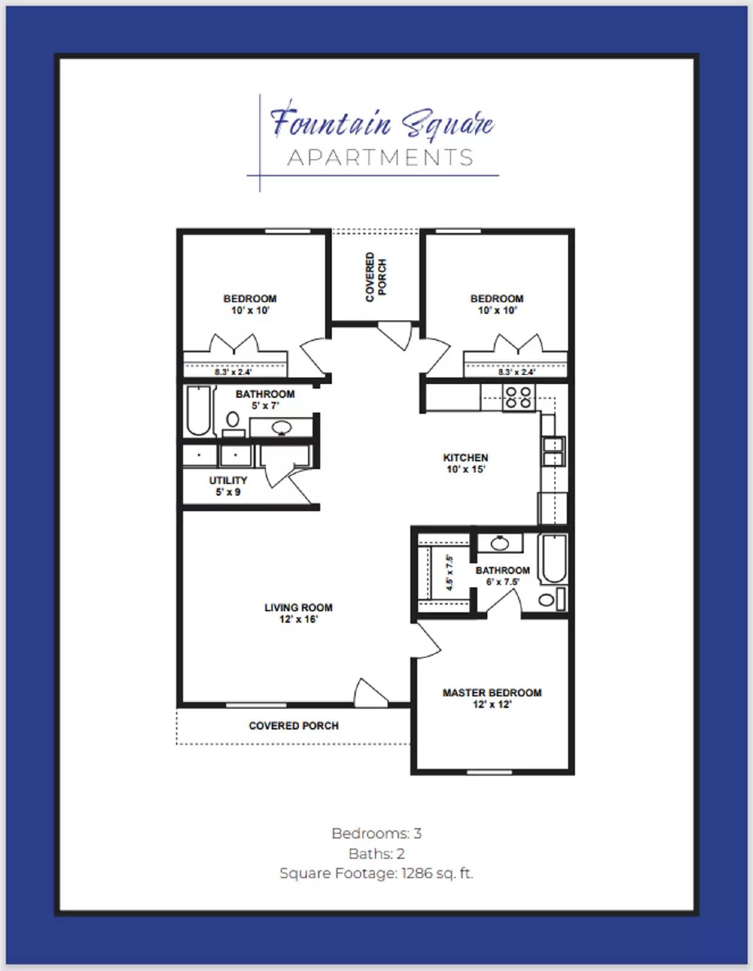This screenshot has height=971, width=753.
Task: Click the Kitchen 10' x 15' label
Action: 465,464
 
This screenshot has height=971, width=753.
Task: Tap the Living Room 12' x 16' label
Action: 298,613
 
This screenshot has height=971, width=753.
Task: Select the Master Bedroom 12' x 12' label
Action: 491,699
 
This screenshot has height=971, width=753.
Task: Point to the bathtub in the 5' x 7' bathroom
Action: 198,411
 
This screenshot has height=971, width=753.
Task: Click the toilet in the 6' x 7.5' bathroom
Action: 547,600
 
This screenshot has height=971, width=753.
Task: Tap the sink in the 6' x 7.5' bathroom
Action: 499,543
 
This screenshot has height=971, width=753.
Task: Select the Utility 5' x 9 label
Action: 228,486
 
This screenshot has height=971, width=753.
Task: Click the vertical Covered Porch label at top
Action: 375,277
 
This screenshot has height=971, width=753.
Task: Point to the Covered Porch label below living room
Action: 294,726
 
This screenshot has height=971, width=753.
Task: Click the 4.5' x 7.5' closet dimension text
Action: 450,573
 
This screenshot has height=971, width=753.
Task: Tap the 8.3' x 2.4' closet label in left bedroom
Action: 232,372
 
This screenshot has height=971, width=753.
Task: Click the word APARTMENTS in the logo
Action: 380,158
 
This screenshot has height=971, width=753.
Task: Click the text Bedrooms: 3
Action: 376,833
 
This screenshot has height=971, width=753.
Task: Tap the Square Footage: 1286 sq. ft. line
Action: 376,873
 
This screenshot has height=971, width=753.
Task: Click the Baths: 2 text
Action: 376,853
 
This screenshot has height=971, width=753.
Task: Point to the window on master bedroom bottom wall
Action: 489,773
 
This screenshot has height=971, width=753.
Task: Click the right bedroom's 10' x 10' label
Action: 497,310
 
